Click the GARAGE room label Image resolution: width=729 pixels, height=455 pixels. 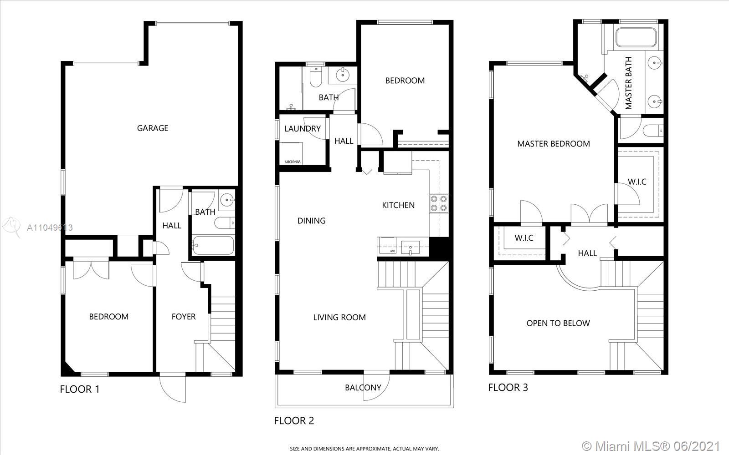tap(153, 128)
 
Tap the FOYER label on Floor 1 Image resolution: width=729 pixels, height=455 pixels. tap(184, 317)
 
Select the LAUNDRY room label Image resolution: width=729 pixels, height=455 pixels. tap(303, 129)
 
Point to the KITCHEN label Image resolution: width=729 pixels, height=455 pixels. tap(398, 205)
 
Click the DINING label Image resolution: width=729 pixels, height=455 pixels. tap(312, 221)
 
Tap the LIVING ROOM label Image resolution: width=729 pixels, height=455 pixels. tap(339, 317)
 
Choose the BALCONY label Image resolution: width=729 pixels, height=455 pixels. tap(363, 387)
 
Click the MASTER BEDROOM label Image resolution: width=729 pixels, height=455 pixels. tap(554, 144)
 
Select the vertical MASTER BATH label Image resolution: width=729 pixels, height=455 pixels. tap(628, 83)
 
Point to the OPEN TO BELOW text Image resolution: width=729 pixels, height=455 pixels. tap(558, 323)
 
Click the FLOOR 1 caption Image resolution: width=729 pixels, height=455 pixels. tap(80, 389)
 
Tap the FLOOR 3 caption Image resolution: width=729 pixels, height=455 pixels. tap(508, 387)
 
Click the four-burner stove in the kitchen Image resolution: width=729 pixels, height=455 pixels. tap(439, 203)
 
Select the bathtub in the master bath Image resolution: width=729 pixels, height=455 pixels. tap(636, 37)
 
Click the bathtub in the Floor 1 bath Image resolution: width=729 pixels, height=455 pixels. tap(213, 245)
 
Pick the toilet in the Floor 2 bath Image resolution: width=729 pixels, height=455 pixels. tap(315, 77)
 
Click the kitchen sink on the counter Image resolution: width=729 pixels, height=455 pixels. tap(410, 248)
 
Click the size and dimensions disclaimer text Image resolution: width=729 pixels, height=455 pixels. tap(364, 449)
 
